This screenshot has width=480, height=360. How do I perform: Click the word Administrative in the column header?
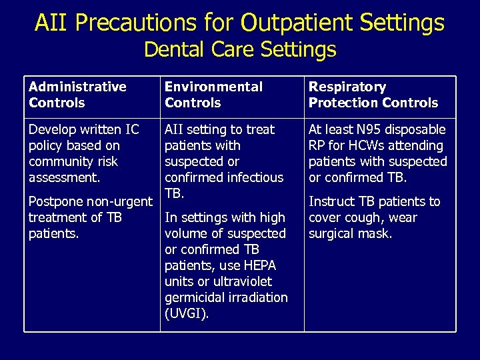77,87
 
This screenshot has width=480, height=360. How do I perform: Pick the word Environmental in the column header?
213,87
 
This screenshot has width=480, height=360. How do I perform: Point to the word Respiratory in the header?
347,87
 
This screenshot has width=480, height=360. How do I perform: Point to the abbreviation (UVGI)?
187,313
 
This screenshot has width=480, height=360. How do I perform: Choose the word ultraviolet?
243,281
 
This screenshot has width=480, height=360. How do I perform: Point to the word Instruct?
333,201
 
